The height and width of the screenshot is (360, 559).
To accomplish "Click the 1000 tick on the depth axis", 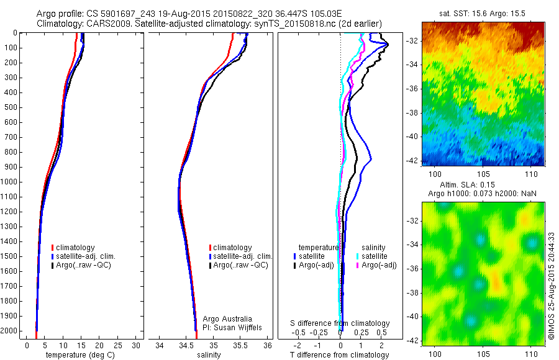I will coord(11,182).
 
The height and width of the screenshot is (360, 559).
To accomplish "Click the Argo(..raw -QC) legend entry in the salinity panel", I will coord(240,265).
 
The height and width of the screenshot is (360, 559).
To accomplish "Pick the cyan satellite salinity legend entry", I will coord(373,256).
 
